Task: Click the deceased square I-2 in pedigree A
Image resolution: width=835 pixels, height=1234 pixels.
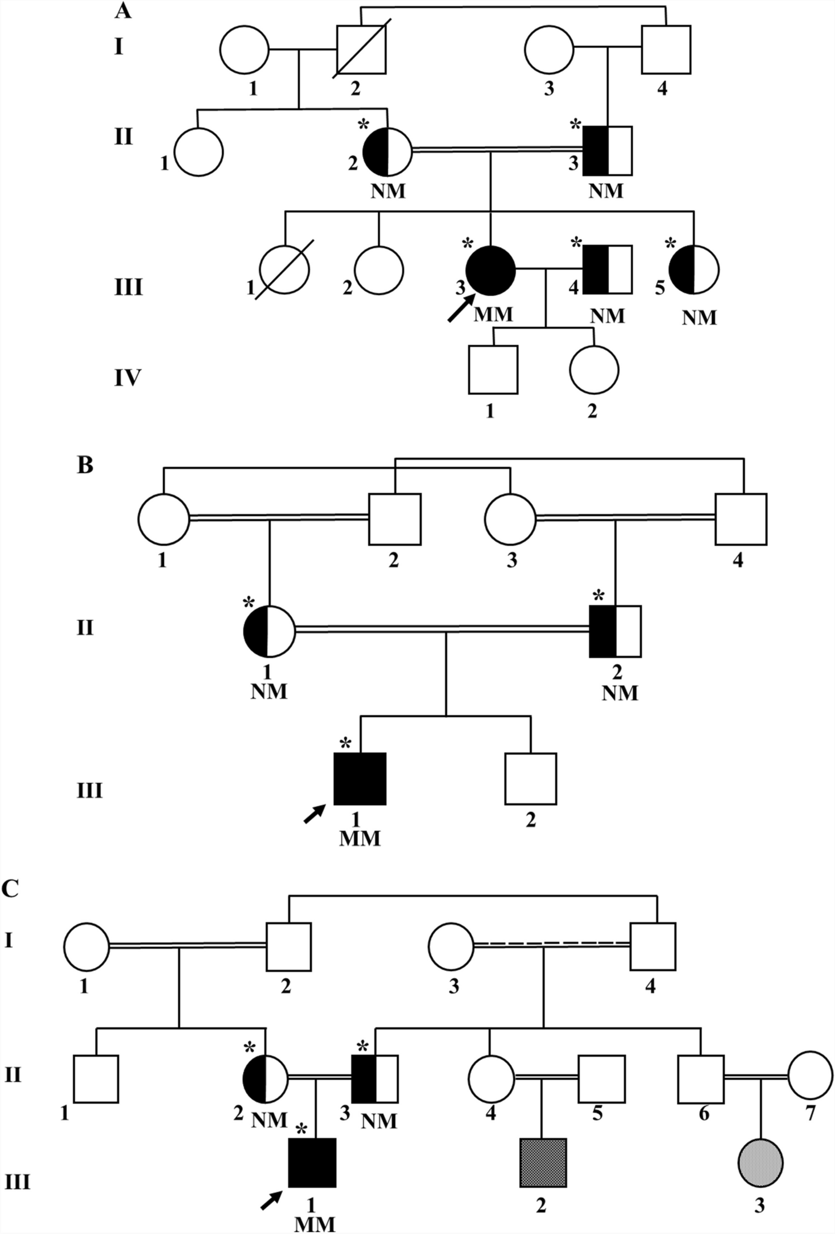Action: (x=361, y=49)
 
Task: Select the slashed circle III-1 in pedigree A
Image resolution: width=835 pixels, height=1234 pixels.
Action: (x=285, y=270)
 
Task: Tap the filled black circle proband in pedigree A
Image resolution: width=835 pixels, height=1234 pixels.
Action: (x=490, y=270)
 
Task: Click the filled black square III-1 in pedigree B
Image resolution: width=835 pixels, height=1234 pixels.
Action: (x=360, y=778)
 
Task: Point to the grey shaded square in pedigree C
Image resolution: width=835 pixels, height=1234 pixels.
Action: (x=543, y=1163)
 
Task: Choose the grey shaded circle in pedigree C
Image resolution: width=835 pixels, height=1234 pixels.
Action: (x=760, y=1163)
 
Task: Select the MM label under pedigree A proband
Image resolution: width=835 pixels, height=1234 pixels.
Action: (x=493, y=315)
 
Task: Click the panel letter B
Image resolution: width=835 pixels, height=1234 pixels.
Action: (x=85, y=465)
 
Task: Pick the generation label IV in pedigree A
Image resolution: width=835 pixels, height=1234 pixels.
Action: (x=128, y=378)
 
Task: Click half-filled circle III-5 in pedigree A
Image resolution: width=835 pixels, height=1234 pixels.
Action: (x=694, y=270)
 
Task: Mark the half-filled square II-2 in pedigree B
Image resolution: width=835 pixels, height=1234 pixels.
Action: (x=615, y=631)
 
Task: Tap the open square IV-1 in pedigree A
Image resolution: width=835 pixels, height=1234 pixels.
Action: (x=493, y=370)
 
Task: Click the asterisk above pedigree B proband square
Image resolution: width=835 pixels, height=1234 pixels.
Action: (x=345, y=743)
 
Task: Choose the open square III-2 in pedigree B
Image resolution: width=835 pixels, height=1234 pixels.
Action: (x=530, y=778)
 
